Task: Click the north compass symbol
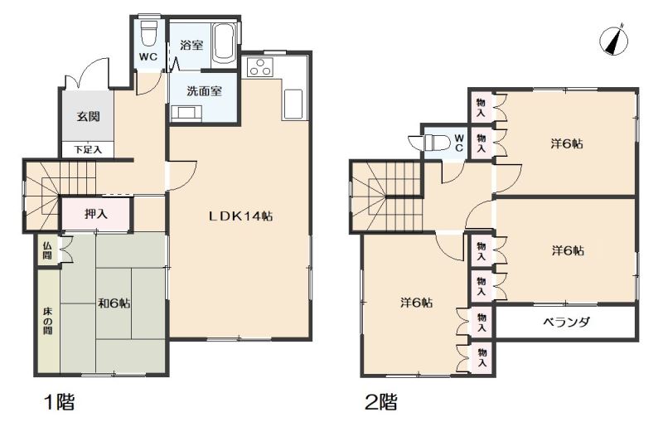click(613, 40)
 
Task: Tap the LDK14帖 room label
click(241, 216)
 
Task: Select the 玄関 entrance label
click(89, 116)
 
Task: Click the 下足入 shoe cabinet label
click(88, 149)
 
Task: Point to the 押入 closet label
click(96, 214)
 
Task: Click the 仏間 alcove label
click(47, 250)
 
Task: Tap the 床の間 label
click(47, 321)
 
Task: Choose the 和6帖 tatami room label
click(114, 303)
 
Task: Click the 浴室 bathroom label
click(191, 46)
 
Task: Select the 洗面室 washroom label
click(205, 91)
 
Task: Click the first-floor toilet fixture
click(148, 32)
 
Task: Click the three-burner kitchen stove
click(260, 67)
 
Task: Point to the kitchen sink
click(293, 104)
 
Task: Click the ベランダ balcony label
click(566, 323)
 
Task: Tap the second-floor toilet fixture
click(430, 142)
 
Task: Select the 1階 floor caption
click(60, 402)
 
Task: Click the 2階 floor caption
click(381, 402)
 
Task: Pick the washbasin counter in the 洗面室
click(186, 114)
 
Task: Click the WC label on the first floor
click(148, 57)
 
